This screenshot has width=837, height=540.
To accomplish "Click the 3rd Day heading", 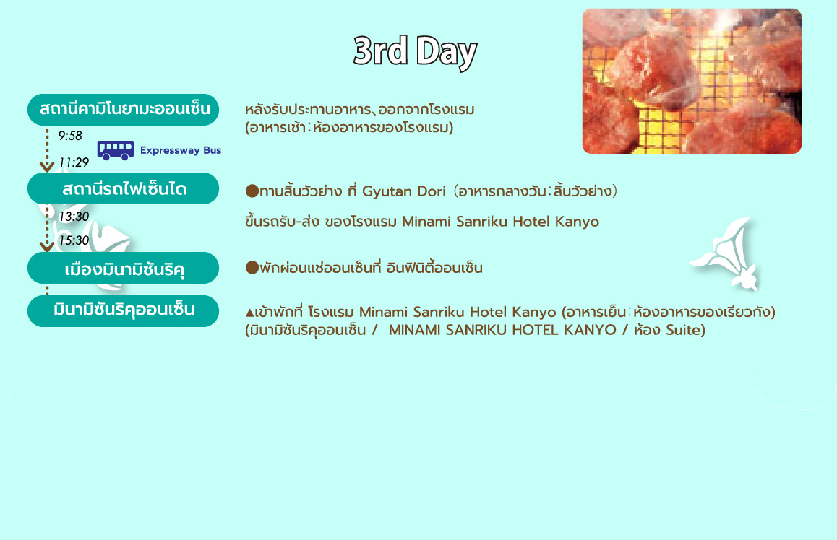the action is (x=415, y=52).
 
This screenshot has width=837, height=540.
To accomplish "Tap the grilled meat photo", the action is (x=692, y=81).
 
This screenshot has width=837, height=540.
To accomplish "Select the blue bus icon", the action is (x=116, y=150).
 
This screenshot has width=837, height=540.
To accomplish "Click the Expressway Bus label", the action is (x=181, y=150).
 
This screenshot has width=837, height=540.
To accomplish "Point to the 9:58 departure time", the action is (x=70, y=136).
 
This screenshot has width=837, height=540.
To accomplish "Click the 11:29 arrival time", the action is (x=74, y=162).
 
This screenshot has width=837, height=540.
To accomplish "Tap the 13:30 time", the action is (x=74, y=217).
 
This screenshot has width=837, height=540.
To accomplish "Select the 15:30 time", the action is (x=74, y=240).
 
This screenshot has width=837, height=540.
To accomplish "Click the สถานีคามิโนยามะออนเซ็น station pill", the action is (x=124, y=110).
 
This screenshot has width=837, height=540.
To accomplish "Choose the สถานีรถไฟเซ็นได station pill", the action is (x=124, y=188).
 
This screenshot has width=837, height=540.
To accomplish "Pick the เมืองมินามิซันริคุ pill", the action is (x=124, y=268).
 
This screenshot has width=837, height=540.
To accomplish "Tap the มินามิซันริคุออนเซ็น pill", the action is (x=124, y=310).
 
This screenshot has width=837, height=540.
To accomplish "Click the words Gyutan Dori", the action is (x=403, y=191).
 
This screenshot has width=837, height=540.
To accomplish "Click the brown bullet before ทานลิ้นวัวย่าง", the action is (x=252, y=191).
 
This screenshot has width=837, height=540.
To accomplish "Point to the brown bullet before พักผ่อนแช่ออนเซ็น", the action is (x=252, y=268).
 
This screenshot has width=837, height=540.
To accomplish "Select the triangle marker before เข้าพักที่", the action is (x=250, y=313).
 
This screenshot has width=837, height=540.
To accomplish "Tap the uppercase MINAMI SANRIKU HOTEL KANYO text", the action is (x=502, y=330).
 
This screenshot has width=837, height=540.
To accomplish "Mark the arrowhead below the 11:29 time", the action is (x=47, y=167).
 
